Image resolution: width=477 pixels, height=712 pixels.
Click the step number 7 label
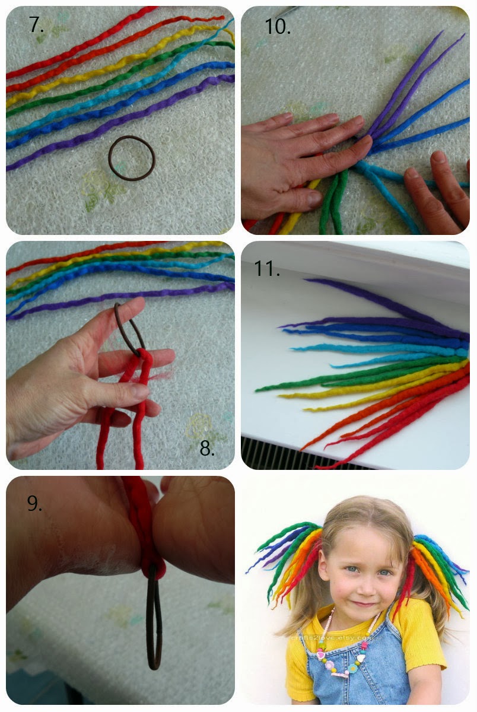pos(36,26)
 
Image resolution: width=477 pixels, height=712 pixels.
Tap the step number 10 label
pos(277,26)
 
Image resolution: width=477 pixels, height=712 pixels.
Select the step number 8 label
pos(206,449)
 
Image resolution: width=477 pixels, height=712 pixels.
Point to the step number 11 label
pos(267,269)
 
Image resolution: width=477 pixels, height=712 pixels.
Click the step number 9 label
pos(34,503)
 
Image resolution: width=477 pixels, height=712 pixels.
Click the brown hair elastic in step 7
pos(132,158)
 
